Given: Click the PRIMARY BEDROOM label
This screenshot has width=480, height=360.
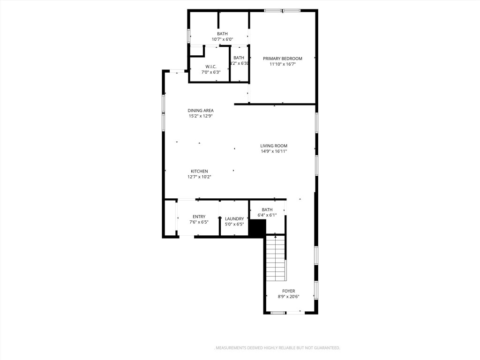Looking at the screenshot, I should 282,59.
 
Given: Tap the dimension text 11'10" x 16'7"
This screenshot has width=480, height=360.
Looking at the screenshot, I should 282,64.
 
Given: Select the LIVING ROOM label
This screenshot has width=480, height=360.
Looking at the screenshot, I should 274,146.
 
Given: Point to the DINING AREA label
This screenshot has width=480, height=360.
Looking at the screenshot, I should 201,111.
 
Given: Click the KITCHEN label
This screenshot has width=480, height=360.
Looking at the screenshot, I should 199,171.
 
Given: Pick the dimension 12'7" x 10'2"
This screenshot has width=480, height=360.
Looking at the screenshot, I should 199,177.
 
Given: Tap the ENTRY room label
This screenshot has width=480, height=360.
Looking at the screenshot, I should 199,217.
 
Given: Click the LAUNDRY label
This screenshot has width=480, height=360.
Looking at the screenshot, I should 234,218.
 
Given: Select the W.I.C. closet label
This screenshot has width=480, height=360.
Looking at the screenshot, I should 210,67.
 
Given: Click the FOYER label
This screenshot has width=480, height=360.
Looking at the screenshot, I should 288,291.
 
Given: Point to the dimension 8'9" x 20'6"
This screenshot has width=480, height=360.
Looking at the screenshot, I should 288,297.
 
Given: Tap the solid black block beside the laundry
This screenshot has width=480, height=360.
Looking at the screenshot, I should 257,228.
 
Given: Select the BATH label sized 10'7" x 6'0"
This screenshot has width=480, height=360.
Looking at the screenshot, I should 222,34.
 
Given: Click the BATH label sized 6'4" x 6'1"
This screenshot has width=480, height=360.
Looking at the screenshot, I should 267,210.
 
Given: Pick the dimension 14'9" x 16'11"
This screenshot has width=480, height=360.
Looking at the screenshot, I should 274,151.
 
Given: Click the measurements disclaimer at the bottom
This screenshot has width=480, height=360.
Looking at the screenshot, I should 277,348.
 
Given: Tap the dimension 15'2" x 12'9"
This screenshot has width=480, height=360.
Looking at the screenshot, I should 201,116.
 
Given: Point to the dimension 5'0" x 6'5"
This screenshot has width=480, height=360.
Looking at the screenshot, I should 234,224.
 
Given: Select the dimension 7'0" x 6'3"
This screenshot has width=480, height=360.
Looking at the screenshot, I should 210,72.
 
